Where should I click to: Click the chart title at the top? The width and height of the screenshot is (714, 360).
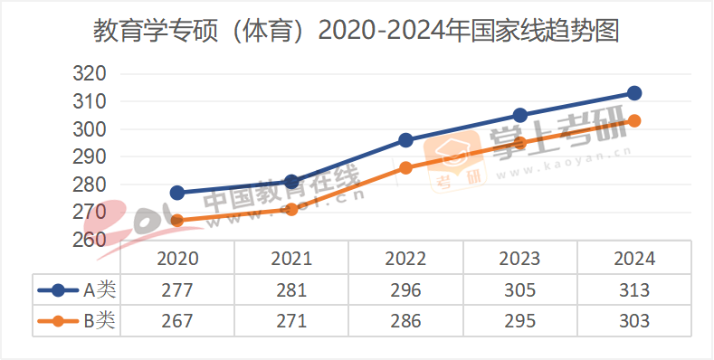(357, 33)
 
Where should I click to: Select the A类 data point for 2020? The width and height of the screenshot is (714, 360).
(177, 193)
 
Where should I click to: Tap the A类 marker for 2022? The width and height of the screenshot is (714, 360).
(405, 140)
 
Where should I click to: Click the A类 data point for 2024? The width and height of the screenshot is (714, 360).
(634, 93)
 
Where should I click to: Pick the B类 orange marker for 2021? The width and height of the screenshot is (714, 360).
(291, 209)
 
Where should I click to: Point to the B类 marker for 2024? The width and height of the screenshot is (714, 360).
(634, 120)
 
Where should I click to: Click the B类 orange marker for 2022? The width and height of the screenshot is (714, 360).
(405, 167)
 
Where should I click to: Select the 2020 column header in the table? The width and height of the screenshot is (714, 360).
(177, 259)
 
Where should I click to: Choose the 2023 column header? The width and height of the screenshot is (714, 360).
(519, 259)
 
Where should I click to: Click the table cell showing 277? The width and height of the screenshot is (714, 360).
(177, 290)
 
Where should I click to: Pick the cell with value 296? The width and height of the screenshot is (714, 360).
(405, 290)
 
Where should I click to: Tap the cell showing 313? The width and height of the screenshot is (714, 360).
(634, 290)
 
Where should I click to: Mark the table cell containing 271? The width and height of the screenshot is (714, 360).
(291, 320)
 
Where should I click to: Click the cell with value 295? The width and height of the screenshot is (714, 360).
(519, 320)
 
